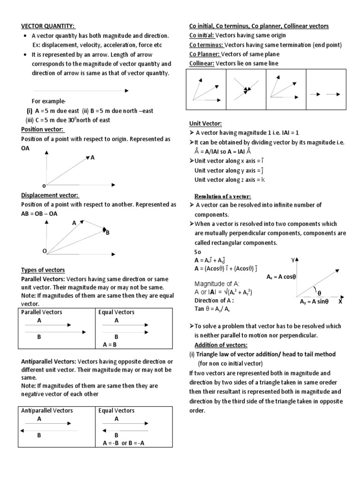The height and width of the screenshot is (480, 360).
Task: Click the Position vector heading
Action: (x=43, y=129)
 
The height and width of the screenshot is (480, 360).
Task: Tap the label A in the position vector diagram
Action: (x=93, y=158)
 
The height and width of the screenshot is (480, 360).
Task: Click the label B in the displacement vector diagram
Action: (x=107, y=232)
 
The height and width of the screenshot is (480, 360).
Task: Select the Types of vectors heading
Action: (x=43, y=270)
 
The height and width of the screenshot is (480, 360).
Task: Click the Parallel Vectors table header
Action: (x=42, y=312)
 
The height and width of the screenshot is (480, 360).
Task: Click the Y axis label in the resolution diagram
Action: (x=293, y=259)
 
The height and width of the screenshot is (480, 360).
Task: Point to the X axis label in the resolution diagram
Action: (x=341, y=302)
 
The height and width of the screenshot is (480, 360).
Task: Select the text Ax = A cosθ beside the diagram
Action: (x=281, y=277)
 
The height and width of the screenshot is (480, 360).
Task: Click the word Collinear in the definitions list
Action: (x=201, y=63)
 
